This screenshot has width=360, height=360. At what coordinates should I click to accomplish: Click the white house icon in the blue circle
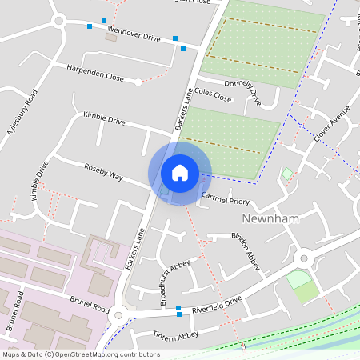pos(179,172)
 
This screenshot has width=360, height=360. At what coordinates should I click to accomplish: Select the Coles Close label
pos(213,95)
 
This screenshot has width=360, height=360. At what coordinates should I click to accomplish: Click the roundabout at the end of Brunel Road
pos(119,314)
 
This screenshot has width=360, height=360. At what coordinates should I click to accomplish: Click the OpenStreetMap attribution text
pos(80,354)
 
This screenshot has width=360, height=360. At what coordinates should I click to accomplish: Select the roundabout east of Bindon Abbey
pos(303,258)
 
